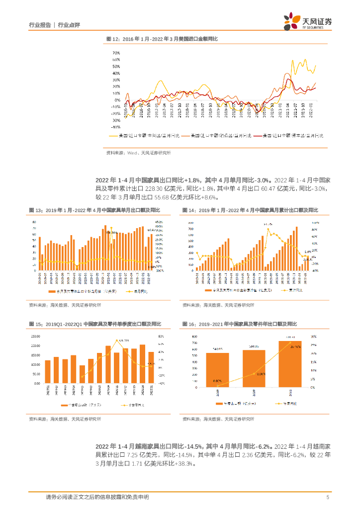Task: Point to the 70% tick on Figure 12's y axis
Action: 116,52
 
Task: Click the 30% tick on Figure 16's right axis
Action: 313,336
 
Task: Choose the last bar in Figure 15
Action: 151,368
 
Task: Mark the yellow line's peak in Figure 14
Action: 268,229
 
